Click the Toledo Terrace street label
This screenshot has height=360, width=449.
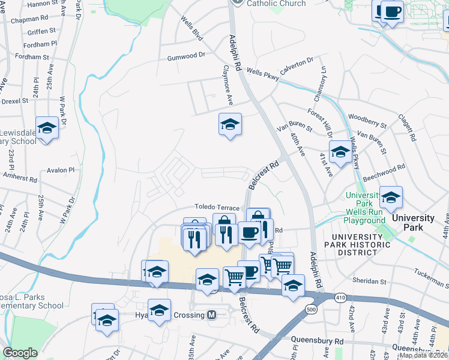[217, 208]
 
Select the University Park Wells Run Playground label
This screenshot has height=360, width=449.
[364, 208]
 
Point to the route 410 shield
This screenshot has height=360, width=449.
[341, 298]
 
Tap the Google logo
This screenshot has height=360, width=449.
[20, 353]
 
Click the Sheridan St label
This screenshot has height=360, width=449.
[369, 281]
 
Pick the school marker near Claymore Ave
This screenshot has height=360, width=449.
[229, 125]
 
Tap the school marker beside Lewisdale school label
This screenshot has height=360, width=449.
[47, 128]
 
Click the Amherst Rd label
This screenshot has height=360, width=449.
[20, 178]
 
